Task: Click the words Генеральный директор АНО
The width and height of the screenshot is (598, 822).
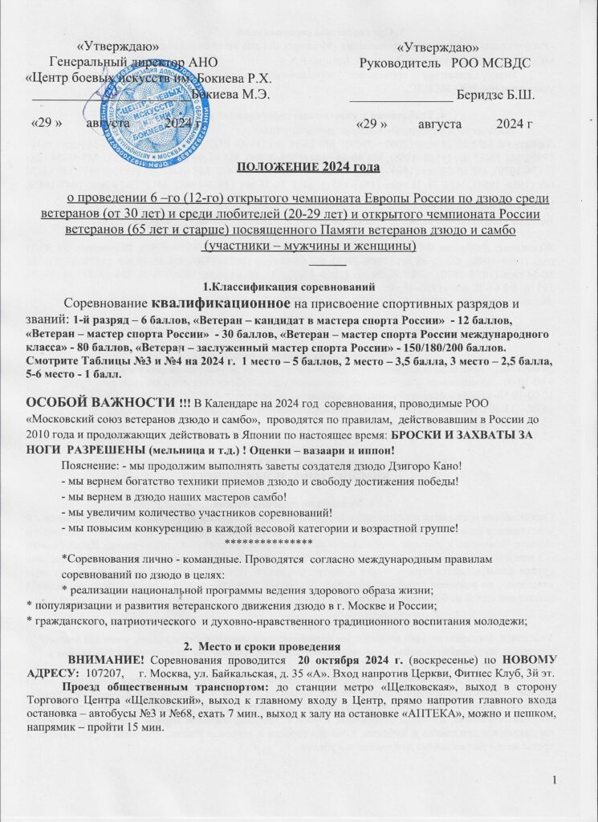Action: click(x=132, y=63)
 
